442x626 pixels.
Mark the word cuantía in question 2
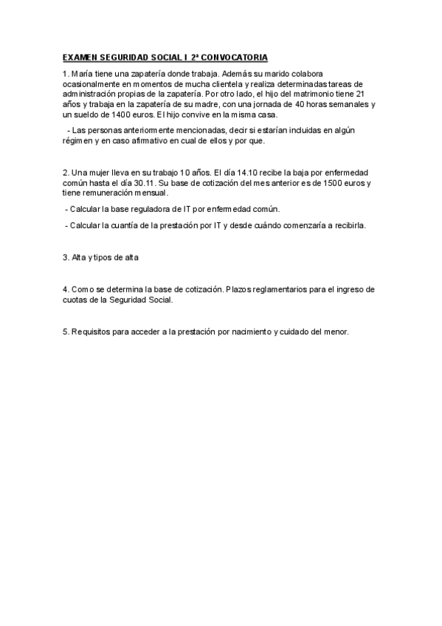tap(131, 225)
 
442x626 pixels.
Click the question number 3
tap(65, 258)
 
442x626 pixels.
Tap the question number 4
tap(65, 289)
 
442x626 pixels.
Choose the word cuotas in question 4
tap(76, 300)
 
